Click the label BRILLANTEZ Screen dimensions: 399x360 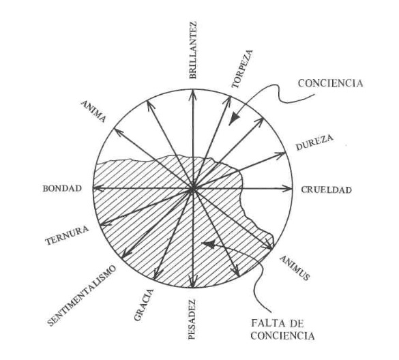[193, 50]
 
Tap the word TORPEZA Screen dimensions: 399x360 [242, 69]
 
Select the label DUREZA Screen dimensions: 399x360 [314, 142]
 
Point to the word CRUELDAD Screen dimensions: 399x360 [326, 190]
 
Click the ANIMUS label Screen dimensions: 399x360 [295, 268]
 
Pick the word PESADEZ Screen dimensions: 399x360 [192, 319]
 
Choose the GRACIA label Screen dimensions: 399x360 [144, 305]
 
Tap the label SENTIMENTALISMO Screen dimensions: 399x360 [81, 295]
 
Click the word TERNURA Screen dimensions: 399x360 [67, 235]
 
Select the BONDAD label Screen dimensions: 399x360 [62, 188]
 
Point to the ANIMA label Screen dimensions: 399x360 [93, 111]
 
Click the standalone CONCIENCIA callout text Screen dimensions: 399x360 [330, 83]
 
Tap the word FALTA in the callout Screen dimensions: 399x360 [267, 324]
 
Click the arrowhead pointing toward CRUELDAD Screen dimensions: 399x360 [288, 189]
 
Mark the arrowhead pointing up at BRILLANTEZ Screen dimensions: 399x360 [193, 94]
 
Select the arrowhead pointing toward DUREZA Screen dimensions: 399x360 [280, 154]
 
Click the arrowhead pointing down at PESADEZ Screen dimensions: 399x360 [192, 282]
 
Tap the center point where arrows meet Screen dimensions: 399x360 [193, 189]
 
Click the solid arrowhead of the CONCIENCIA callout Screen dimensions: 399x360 [234, 119]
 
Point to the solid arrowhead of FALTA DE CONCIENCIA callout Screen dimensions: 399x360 [209, 243]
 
